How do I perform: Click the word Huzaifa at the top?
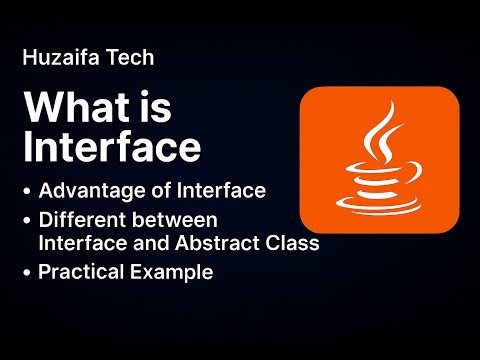coord(57,59)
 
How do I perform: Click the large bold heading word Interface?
coord(112,147)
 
